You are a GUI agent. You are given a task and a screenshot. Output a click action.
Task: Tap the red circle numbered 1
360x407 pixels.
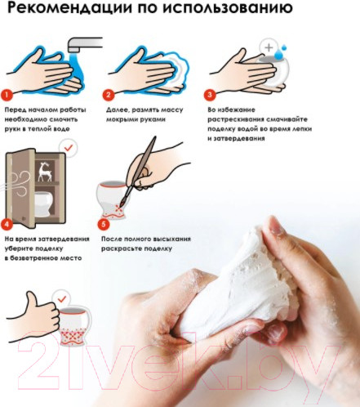coord(7,96)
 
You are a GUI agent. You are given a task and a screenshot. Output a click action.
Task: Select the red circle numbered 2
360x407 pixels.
coord(109,95)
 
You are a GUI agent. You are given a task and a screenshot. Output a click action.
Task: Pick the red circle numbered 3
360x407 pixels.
coord(210,95)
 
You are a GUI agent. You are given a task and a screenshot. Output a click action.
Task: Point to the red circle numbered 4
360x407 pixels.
coord(7,225)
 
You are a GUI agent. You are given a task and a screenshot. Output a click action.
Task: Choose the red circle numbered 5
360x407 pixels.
coord(104,225)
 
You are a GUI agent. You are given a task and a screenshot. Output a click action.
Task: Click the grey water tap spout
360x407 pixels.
coord(83,44)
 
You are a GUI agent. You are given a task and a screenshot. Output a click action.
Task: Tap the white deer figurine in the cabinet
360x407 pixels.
coord(45,172)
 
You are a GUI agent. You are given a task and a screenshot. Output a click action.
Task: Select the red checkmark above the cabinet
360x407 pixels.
coord(69,148)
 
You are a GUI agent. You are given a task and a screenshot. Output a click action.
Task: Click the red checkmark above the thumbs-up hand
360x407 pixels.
coord(62,299)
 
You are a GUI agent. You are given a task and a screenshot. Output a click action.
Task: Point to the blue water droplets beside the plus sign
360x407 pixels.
coord(280,52)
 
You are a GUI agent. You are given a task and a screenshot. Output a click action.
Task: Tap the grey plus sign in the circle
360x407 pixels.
coord(269,47)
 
